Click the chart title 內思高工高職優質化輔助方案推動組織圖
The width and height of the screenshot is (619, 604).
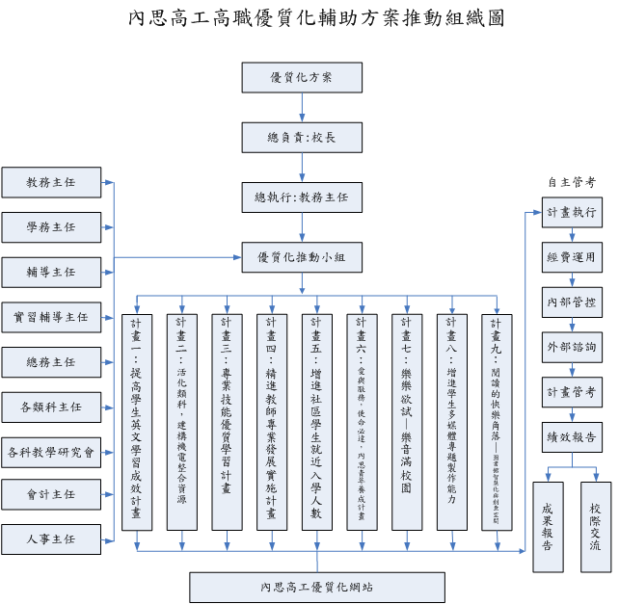click(x=315, y=18)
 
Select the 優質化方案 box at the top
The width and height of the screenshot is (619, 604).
click(x=302, y=77)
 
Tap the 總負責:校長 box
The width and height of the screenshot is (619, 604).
click(x=302, y=137)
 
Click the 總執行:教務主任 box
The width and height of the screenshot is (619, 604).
click(x=302, y=197)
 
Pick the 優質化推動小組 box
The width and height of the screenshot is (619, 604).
click(x=302, y=256)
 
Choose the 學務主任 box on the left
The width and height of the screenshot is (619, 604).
click(x=51, y=227)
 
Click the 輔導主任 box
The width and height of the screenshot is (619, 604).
click(x=51, y=272)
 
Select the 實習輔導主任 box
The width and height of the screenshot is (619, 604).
click(x=51, y=316)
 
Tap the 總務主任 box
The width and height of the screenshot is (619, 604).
click(x=51, y=361)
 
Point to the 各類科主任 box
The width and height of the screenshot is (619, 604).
click(x=51, y=407)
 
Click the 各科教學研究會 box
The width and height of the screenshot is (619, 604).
click(x=51, y=451)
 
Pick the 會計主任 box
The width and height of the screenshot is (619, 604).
click(x=51, y=494)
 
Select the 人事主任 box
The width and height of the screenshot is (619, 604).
click(x=51, y=538)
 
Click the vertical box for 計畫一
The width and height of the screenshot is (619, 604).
click(x=136, y=421)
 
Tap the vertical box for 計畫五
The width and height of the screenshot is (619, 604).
click(x=316, y=421)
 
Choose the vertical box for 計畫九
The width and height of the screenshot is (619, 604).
click(x=497, y=421)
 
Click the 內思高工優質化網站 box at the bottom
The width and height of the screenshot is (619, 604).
click(x=316, y=586)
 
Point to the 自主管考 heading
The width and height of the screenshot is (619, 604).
click(x=571, y=182)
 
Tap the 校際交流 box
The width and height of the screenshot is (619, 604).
click(x=596, y=526)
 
